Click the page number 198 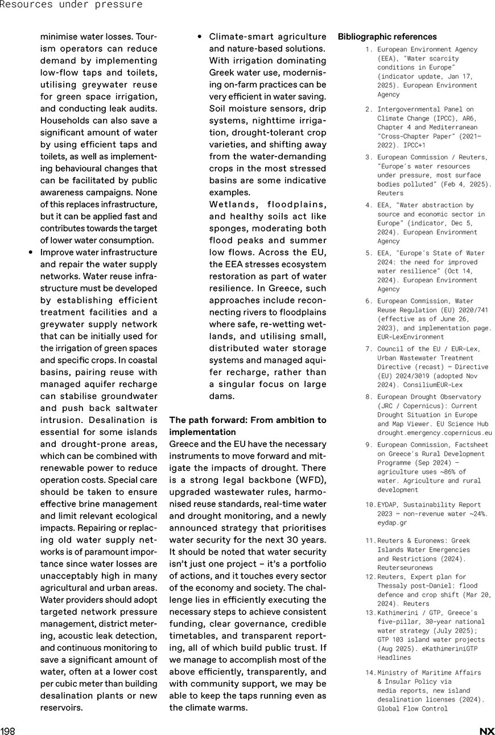coord(7,731)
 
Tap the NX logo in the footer coord(486,731)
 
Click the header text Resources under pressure coord(71,5)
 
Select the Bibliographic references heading coord(387,37)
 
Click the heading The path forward coord(247,426)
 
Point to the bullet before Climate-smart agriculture coord(200,37)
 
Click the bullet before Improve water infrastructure coord(31,252)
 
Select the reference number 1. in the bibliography coord(369,50)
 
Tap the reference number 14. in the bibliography coord(371,672)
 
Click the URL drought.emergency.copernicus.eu coord(434,433)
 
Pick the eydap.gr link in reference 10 coord(392,523)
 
